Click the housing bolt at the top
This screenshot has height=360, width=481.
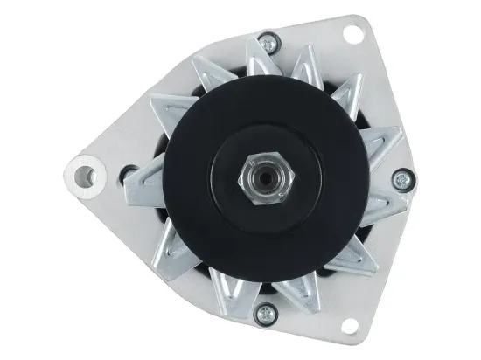(266, 39)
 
